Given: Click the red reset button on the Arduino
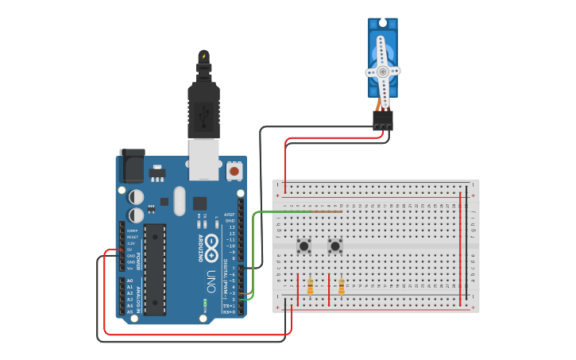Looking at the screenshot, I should (234, 170).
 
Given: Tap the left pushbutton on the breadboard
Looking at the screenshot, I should (303, 246).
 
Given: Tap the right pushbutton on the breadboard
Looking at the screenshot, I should (335, 246).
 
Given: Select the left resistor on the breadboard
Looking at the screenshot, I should (310, 286).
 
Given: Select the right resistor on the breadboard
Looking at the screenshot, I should (342, 286).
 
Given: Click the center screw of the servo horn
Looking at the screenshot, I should (383, 72).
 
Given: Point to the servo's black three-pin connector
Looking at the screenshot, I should (382, 120).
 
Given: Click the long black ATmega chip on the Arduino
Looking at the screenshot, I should (155, 269).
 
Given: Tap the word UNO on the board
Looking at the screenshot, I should (211, 281).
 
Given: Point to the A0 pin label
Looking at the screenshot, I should (130, 281).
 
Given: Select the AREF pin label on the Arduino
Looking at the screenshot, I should (230, 215).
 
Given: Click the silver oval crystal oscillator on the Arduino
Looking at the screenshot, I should (179, 200).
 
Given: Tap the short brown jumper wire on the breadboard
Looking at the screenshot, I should (327, 212).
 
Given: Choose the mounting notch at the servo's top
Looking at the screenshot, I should (383, 24).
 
